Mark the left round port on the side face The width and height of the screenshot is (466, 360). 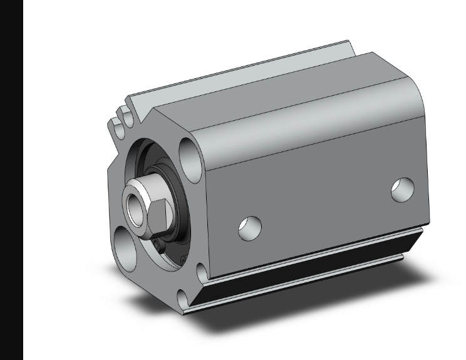pos(249,228)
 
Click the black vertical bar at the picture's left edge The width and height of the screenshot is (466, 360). pos(12,180)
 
